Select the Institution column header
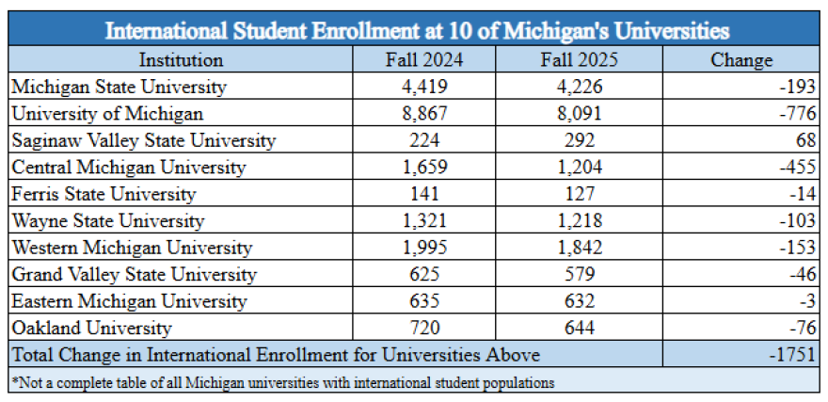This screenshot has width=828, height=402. [x=181, y=60]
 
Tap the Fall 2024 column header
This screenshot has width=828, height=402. [x=424, y=60]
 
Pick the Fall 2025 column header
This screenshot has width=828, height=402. [x=580, y=60]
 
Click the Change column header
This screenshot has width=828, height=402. [x=740, y=60]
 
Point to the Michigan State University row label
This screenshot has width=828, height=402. [x=119, y=88]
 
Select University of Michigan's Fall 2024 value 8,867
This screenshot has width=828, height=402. [x=424, y=114]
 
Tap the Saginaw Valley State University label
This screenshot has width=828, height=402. [x=143, y=141]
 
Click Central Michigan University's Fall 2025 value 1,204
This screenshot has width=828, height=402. [x=580, y=168]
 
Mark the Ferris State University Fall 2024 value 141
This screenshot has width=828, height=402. [x=424, y=195]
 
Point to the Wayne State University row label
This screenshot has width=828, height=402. [x=107, y=221]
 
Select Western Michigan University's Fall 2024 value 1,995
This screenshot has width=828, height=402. [x=424, y=249]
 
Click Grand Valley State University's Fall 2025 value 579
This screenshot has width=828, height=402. [x=580, y=275]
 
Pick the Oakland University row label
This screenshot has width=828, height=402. [x=91, y=329]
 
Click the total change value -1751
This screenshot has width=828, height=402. [x=787, y=356]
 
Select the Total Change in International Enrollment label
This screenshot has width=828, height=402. [x=275, y=356]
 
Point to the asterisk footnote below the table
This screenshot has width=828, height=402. [x=282, y=382]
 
